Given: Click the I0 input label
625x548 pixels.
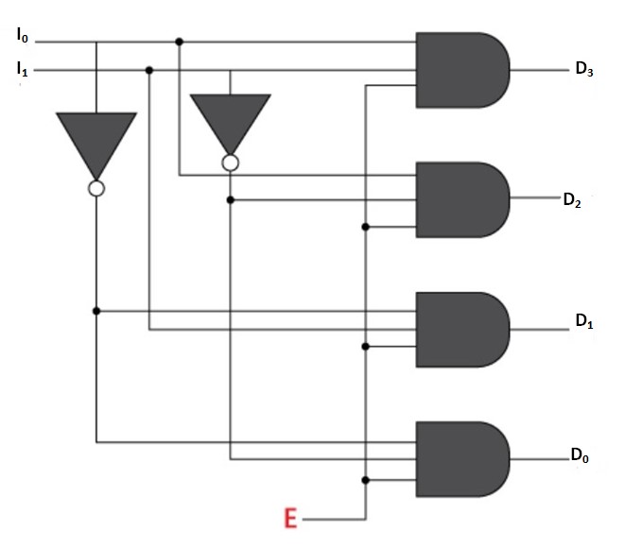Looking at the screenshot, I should point(23,37).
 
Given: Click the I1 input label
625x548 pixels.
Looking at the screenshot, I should point(23,68).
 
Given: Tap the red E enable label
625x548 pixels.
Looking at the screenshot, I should point(291,519).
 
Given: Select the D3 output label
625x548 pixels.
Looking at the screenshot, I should point(583,69).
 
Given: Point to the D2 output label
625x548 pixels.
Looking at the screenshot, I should point(571,199).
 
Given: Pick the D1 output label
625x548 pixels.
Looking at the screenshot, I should point(583,320).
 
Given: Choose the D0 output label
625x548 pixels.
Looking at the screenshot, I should point(579,457).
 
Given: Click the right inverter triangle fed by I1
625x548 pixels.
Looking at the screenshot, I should point(230,123).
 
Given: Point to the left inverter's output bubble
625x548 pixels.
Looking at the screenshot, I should point(95,188).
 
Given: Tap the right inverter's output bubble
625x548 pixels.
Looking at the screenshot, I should point(230,163).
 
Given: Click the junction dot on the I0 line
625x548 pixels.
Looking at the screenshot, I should point(180,42).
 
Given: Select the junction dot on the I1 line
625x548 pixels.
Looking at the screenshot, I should point(149,70).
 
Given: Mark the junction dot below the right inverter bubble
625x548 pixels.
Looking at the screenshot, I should point(230,199).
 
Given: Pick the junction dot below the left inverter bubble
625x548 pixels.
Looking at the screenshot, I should point(95,310).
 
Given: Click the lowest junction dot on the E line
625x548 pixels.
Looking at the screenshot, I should point(365,480).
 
